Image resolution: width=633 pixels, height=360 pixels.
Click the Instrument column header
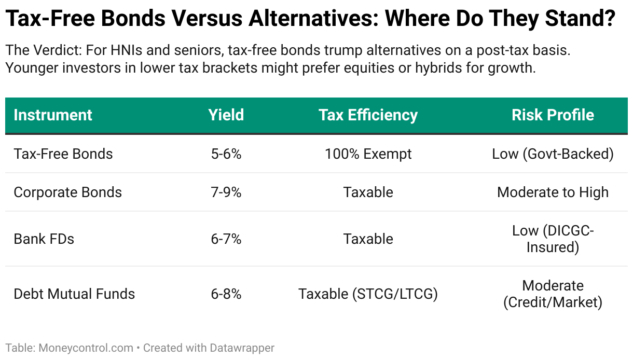point(53,115)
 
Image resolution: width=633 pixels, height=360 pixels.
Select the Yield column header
point(226,115)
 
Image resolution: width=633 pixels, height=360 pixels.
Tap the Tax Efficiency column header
point(368,115)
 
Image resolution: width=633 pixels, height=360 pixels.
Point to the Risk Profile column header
point(553,115)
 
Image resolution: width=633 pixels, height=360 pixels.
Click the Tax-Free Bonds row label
point(63,154)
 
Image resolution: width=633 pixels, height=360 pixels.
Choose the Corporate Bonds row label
point(67,192)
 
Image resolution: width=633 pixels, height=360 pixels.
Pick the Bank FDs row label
point(44,239)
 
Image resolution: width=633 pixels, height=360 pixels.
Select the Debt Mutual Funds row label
point(74,294)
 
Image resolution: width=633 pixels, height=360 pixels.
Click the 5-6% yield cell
point(226,154)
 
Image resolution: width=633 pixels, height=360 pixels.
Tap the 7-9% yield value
point(226,192)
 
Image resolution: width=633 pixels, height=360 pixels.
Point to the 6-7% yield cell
point(226,239)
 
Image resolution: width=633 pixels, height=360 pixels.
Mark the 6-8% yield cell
point(226,294)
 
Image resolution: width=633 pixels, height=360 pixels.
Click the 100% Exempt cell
point(368,154)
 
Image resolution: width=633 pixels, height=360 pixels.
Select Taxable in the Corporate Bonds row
point(368,192)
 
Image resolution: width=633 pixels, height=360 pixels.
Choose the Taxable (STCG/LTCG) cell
point(368,294)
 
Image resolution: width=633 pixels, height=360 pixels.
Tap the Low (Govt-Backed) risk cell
point(553,154)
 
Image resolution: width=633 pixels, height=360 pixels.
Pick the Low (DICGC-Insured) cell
point(553,239)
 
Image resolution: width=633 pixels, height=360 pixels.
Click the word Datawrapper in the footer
point(242,348)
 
